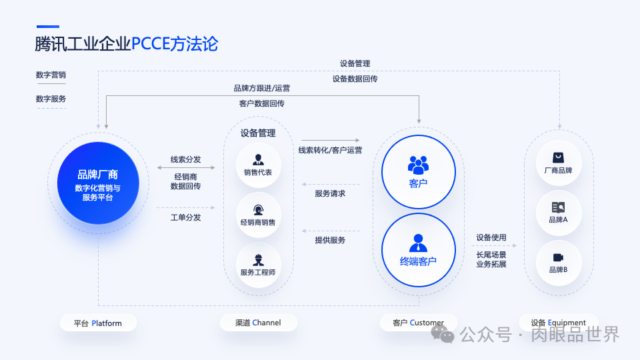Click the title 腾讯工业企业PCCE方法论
coord(127,44)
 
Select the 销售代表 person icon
coord(258,159)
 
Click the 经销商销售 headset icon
coord(258,209)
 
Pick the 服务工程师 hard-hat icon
coord(258,259)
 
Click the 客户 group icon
coord(418,163)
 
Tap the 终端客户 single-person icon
coord(418,241)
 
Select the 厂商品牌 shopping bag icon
coord(558,157)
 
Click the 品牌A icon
coord(558,207)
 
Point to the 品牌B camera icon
coord(558,257)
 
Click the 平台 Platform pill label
coord(98,323)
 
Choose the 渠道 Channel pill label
coord(258,323)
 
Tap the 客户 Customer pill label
coord(418,323)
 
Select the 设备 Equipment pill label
coord(558,323)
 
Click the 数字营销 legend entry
coord(51,75)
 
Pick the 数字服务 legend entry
coord(51,99)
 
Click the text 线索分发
coord(185,159)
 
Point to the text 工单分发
coord(185,217)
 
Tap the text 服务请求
coord(330,193)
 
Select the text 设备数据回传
coord(355,79)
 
